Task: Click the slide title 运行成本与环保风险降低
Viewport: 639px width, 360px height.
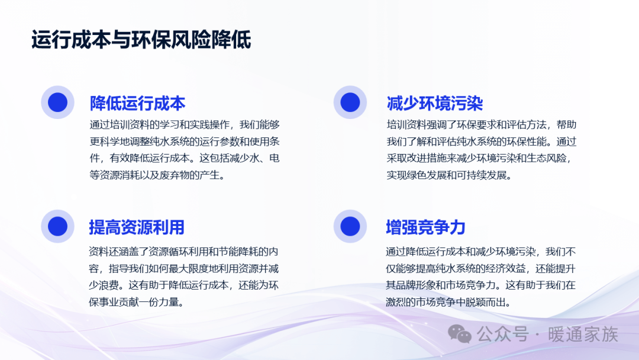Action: tap(141, 40)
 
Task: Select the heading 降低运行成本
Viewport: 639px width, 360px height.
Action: tap(137, 104)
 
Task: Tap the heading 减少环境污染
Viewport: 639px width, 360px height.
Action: tap(434, 104)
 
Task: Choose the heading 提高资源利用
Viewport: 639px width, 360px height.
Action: tap(137, 227)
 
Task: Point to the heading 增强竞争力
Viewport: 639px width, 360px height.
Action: tap(425, 227)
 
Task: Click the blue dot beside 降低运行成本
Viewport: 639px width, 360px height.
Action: tap(57, 102)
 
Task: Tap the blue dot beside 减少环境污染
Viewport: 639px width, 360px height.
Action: tap(350, 102)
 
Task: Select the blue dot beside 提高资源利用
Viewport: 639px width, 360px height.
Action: tap(57, 226)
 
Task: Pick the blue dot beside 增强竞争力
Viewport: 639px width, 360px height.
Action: tap(350, 226)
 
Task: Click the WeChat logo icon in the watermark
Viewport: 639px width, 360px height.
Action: tap(460, 334)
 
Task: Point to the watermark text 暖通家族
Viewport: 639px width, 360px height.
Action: tap(583, 335)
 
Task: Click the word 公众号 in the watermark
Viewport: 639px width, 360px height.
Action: tap(503, 335)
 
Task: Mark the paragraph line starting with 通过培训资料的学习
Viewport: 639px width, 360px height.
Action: tap(185, 125)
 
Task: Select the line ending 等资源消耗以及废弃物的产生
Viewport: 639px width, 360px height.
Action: tap(157, 175)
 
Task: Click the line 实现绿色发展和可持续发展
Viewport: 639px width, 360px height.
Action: tap(449, 175)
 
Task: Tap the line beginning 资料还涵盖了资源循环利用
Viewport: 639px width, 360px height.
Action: tap(184, 252)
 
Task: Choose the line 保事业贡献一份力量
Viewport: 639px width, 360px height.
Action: tap(136, 302)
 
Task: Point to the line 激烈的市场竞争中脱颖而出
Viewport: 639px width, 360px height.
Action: tap(448, 302)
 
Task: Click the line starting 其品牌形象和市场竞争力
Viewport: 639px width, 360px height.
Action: tap(481, 285)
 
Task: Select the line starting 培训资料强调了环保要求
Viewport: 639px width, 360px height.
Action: tap(482, 125)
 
